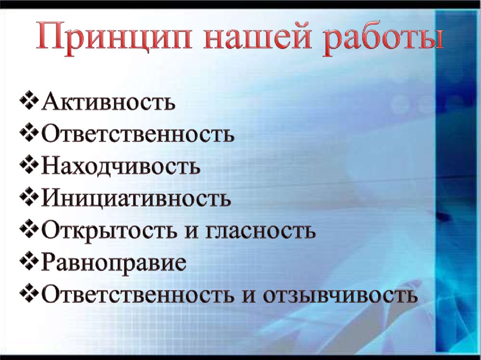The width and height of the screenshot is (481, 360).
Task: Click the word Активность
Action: [108, 102]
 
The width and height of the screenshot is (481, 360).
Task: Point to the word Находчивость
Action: [121, 167]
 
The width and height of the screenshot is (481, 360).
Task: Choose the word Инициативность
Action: [136, 199]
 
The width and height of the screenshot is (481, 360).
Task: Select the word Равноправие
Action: [114, 264]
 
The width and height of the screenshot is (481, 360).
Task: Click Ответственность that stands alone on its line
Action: [138, 134]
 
